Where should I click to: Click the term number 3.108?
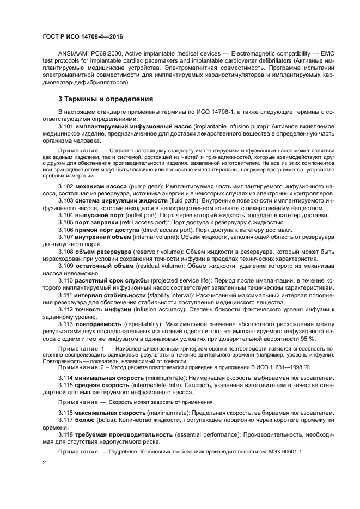tap(66, 253)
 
